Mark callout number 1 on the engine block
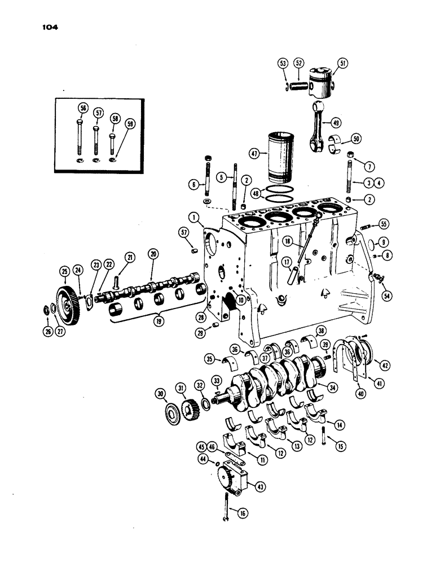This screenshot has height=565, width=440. click(x=192, y=216)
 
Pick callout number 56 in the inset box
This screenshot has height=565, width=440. click(x=83, y=111)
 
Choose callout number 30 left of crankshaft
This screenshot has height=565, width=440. click(x=160, y=393)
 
